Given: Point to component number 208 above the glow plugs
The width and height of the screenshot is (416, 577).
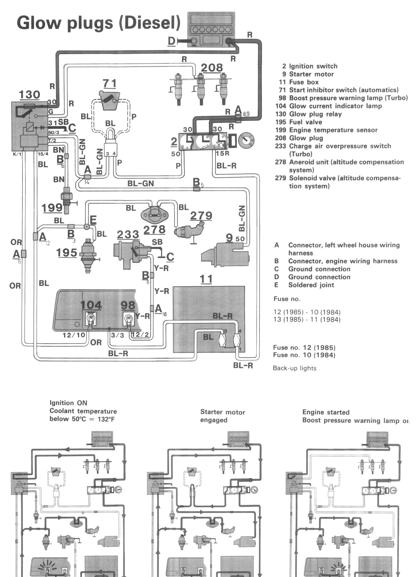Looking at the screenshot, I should coord(212,68).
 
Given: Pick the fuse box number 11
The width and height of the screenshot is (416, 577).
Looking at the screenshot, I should coord(206,279).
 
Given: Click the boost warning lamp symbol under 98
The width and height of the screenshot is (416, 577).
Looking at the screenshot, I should coord(128,319).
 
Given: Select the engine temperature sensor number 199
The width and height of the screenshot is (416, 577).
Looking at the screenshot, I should coord(52,207).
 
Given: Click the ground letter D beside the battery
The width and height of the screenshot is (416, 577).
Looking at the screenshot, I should coord(171,41).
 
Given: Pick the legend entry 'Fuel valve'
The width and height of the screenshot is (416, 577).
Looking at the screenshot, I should coord(305,122).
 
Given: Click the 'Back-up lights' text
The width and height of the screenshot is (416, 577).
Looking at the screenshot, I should coord(294,368).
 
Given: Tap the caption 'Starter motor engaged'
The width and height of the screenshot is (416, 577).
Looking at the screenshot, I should coord(222,416).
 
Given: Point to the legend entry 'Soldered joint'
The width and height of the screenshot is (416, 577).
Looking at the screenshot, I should coord(311,285).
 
